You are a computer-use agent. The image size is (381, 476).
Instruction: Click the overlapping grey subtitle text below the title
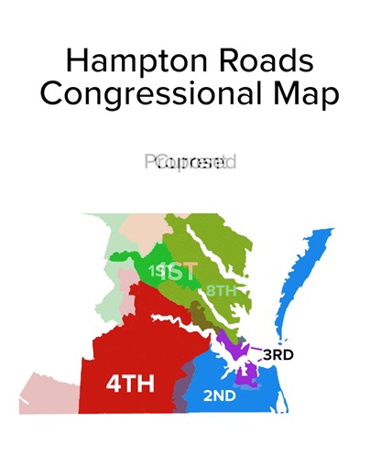pyautogui.click(x=190, y=164)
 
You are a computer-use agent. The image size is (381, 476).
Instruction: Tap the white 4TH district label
pyautogui.click(x=130, y=384)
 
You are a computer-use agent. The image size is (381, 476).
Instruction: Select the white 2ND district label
pyautogui.click(x=219, y=396)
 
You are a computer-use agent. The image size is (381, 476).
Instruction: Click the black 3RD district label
pyautogui.click(x=278, y=354)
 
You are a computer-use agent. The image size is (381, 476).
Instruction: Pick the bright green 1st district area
pyautogui.click(x=147, y=257)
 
